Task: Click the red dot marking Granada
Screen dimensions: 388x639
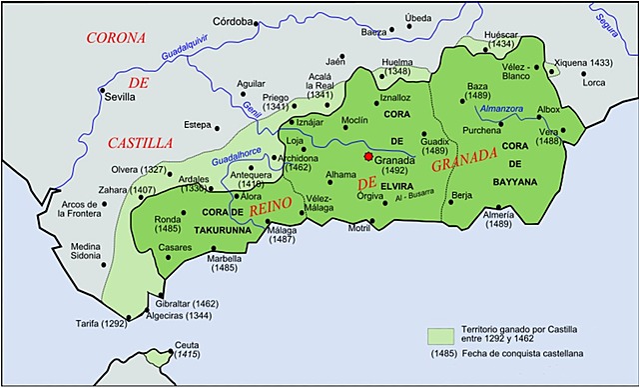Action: [x=367, y=157]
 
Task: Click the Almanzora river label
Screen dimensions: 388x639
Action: [x=501, y=108]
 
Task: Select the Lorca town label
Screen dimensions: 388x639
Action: [x=595, y=82]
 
